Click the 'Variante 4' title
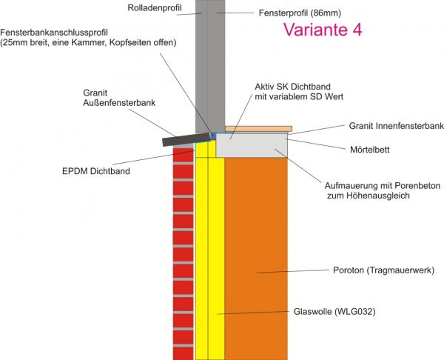(323, 30)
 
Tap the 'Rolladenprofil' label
(155, 8)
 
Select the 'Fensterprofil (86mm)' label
(300, 13)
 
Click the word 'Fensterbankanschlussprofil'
(54, 32)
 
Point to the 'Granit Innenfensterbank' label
(396, 126)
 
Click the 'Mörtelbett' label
(370, 150)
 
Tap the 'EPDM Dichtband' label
(96, 171)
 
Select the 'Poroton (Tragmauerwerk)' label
(383, 270)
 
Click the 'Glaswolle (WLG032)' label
(334, 312)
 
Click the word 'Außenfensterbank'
(119, 103)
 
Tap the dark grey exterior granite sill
(186, 139)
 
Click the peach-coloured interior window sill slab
(258, 129)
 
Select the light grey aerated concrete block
(252, 146)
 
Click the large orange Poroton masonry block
(256, 259)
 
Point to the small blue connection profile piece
(213, 136)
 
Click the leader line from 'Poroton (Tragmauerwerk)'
(293, 271)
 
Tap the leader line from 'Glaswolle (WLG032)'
(253, 313)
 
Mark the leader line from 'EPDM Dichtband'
(154, 157)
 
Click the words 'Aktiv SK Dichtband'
(293, 87)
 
